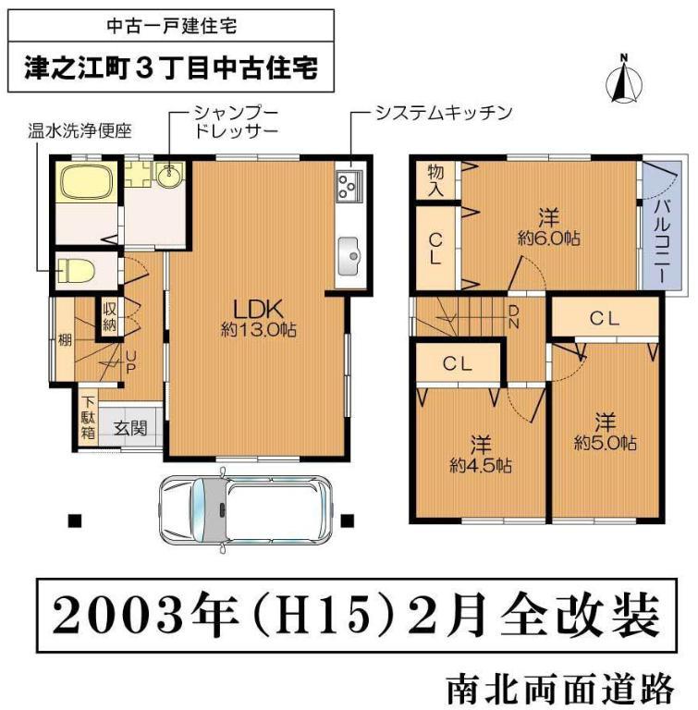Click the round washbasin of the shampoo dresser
click(x=169, y=174)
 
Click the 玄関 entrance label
click(x=128, y=428)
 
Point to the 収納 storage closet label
click(x=108, y=317)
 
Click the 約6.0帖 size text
click(x=548, y=238)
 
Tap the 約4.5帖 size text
click(x=481, y=465)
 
